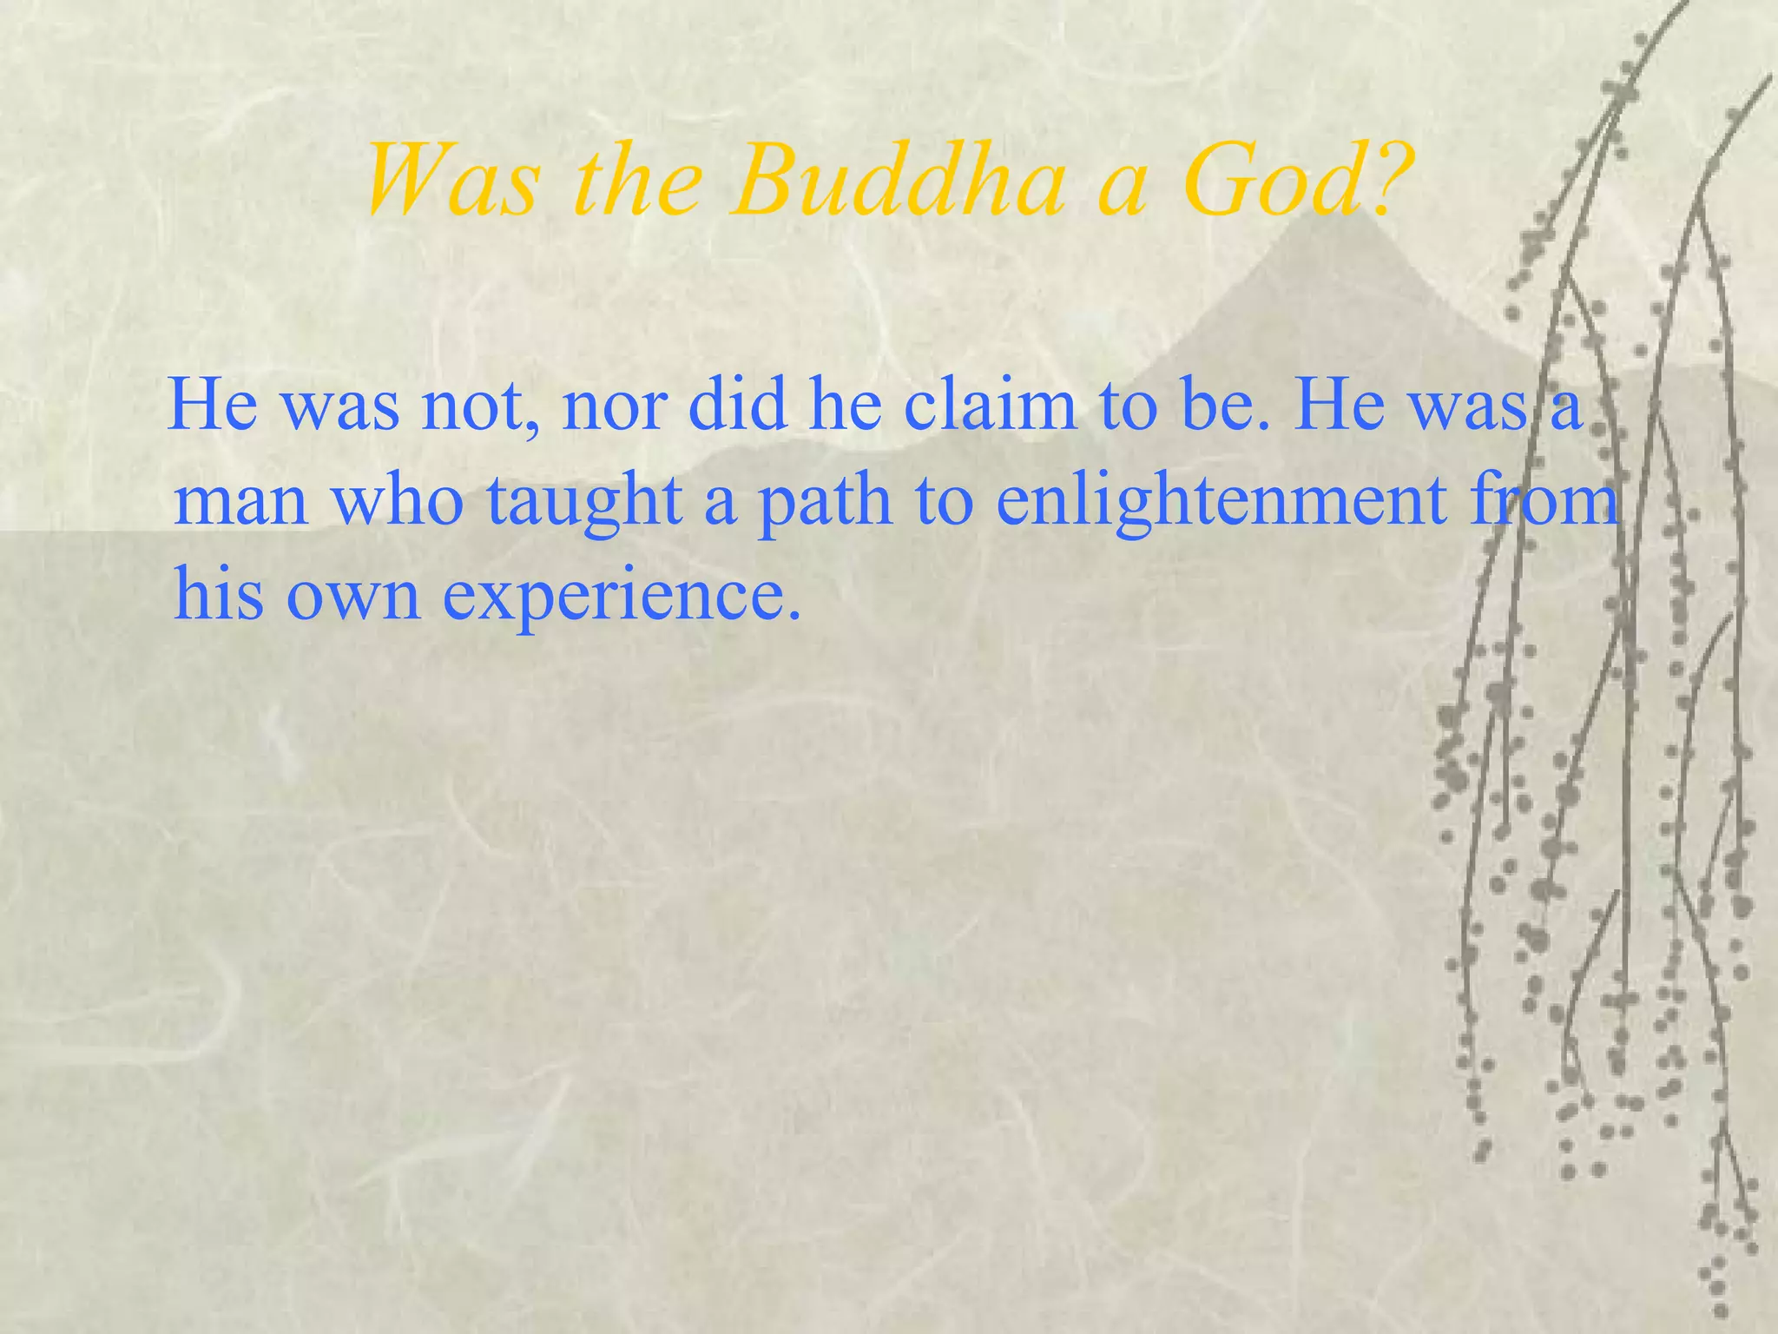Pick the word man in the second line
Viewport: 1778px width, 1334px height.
(240, 503)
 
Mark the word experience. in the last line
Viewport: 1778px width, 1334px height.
(622, 597)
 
